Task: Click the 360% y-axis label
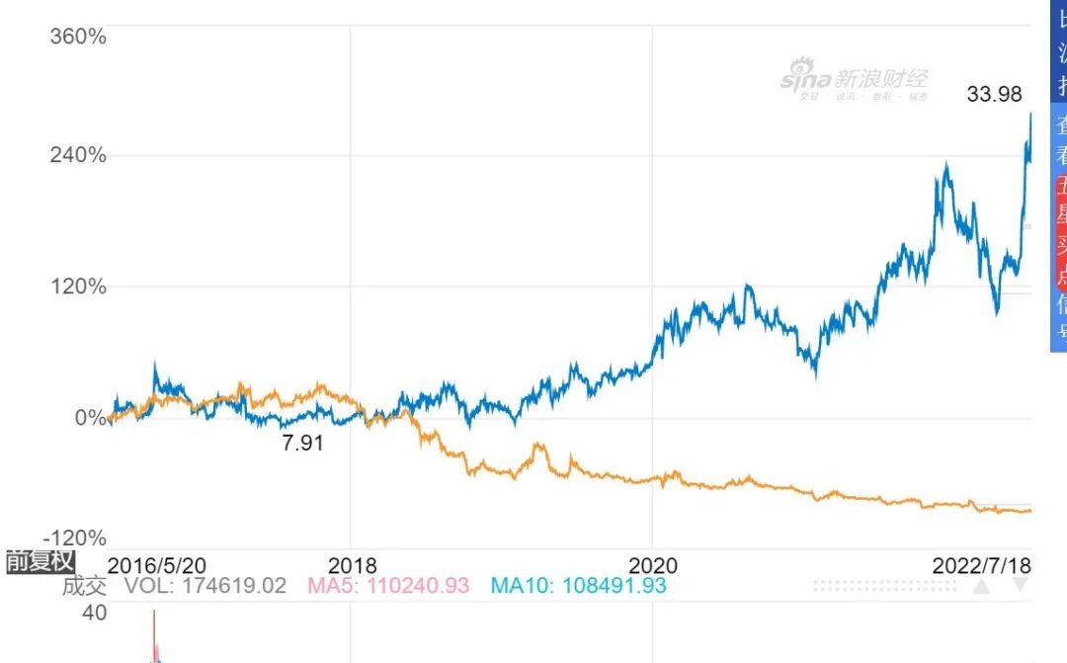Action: tap(78, 37)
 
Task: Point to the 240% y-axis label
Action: tap(78, 155)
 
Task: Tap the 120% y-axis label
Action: tap(78, 287)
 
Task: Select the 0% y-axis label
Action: tap(91, 417)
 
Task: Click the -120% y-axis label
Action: tap(75, 539)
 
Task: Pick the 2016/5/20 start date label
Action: tap(156, 565)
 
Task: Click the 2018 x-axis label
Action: tap(353, 565)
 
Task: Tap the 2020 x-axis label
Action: tap(652, 565)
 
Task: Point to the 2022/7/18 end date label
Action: tap(982, 565)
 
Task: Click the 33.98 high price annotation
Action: tap(994, 95)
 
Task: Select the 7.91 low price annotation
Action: tap(303, 443)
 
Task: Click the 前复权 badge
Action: tap(41, 562)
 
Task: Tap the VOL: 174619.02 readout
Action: tap(205, 586)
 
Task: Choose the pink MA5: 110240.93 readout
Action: tap(388, 586)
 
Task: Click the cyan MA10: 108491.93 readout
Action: tap(578, 586)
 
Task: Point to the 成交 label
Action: tap(84, 586)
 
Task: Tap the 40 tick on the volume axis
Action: tap(95, 614)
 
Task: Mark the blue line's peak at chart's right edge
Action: tap(1030, 114)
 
